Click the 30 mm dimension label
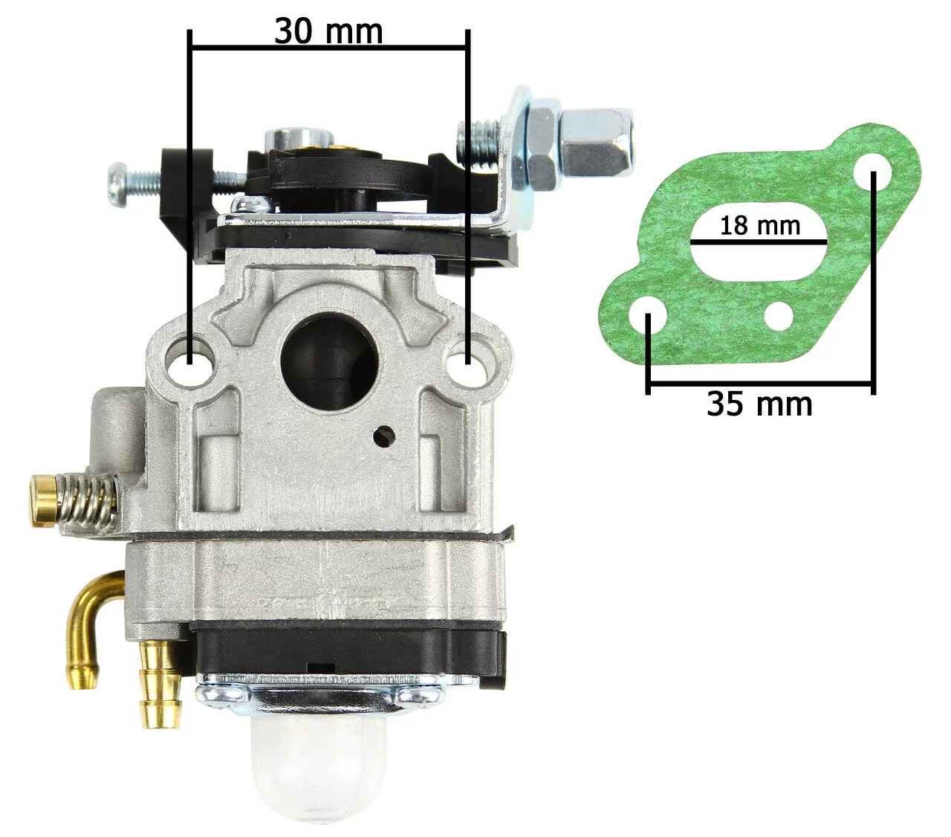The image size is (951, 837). tap(328, 31)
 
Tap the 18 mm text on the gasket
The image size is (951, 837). tap(759, 225)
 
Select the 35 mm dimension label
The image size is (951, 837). tap(759, 404)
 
